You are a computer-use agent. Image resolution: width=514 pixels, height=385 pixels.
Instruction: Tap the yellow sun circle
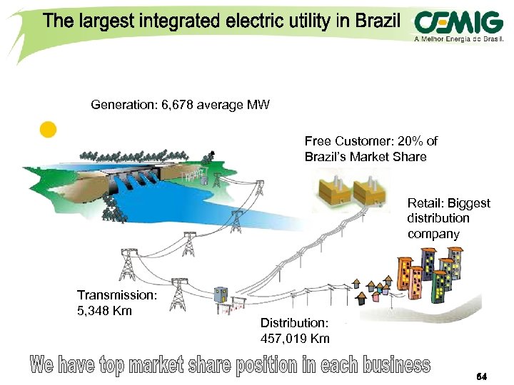point(48,130)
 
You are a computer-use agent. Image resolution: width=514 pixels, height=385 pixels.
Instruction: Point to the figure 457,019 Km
point(295,338)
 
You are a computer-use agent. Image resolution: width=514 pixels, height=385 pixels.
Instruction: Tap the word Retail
point(424,203)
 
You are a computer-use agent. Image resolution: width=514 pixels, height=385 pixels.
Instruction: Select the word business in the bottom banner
point(395,366)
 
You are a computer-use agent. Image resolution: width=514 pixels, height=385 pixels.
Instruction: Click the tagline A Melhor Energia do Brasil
point(459,40)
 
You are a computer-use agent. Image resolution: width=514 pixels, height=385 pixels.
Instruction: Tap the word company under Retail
point(434,233)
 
